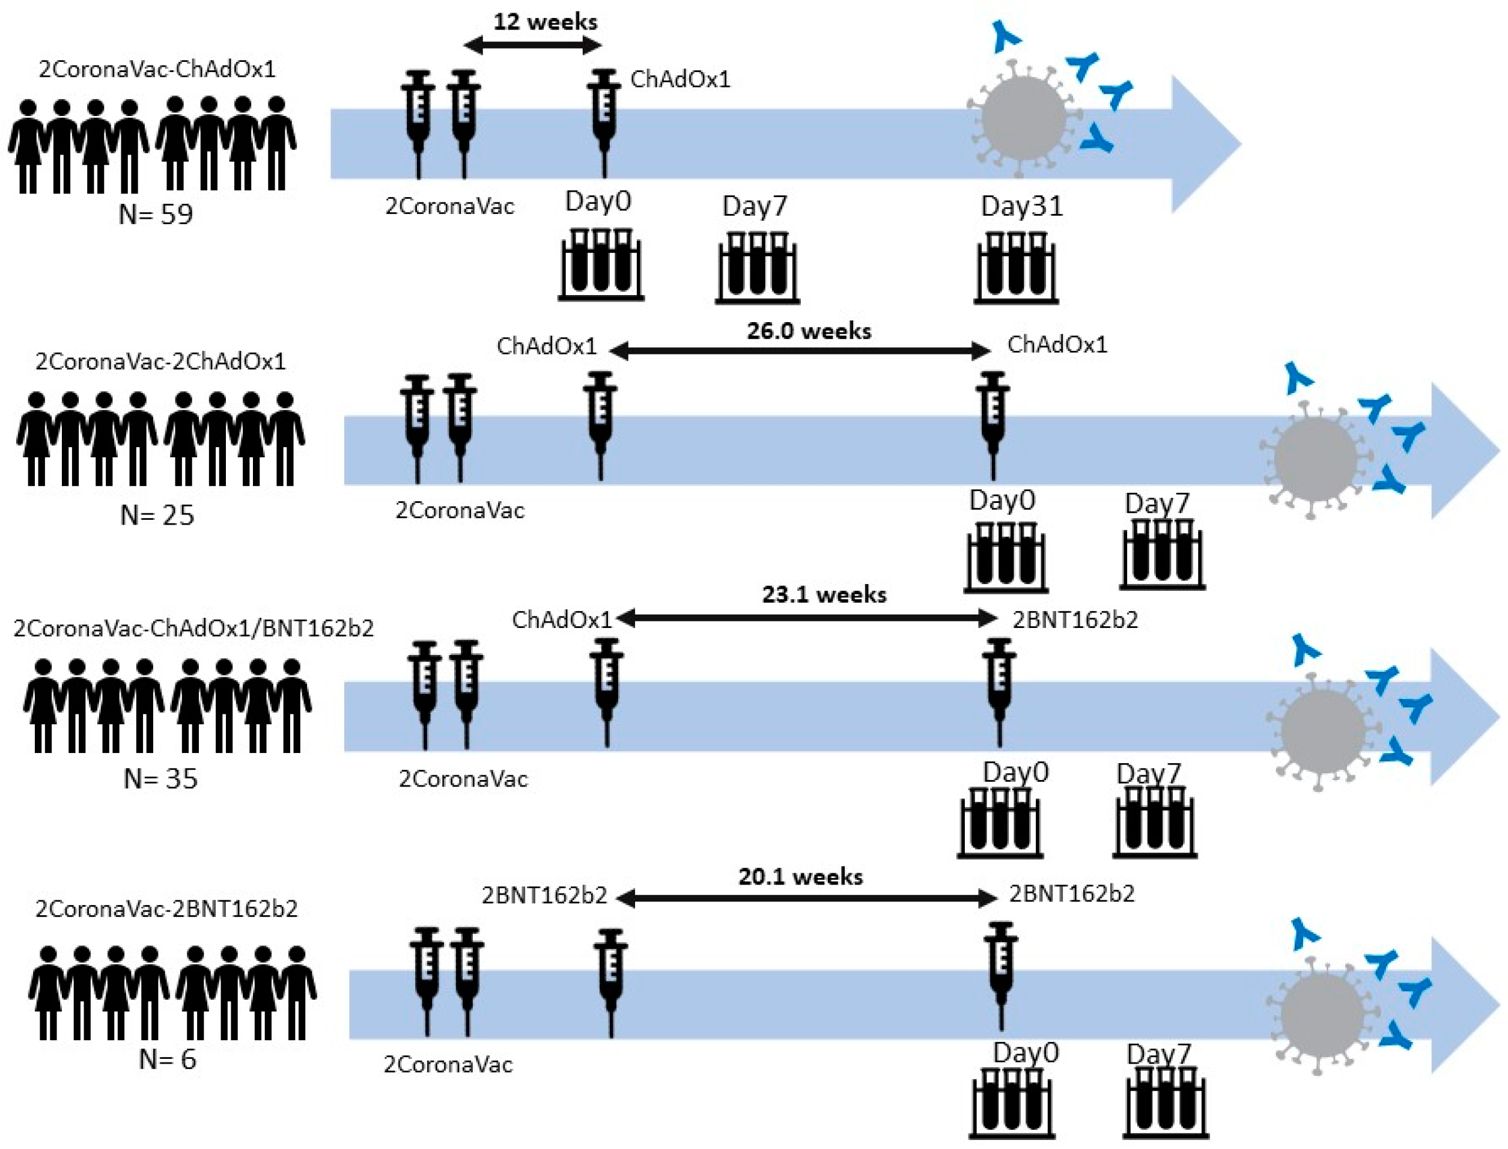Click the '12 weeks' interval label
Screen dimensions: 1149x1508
pyautogui.click(x=545, y=22)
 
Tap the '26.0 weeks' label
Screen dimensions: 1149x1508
pyautogui.click(x=808, y=331)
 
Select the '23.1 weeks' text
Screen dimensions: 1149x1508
pyautogui.click(x=824, y=594)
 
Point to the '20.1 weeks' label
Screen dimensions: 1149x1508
pyautogui.click(x=800, y=877)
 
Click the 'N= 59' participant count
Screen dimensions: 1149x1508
pyautogui.click(x=156, y=215)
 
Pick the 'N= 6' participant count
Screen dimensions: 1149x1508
pyautogui.click(x=168, y=1059)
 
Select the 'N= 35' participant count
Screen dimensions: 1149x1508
pyautogui.click(x=160, y=778)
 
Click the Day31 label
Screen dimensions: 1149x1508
pyautogui.click(x=1021, y=206)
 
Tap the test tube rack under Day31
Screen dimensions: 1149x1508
pyautogui.click(x=1016, y=267)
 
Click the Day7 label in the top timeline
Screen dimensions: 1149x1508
pyautogui.click(x=755, y=206)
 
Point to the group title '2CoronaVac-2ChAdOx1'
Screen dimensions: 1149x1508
pyautogui.click(x=160, y=361)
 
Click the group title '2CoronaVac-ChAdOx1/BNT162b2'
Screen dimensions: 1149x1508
pyautogui.click(x=193, y=628)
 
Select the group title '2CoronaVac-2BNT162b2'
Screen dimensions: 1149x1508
pyautogui.click(x=166, y=909)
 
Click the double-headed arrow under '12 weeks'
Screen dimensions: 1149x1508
pyautogui.click(x=532, y=46)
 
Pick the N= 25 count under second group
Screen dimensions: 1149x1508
pyautogui.click(x=157, y=515)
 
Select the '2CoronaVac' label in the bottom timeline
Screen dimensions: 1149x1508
pyautogui.click(x=448, y=1065)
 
